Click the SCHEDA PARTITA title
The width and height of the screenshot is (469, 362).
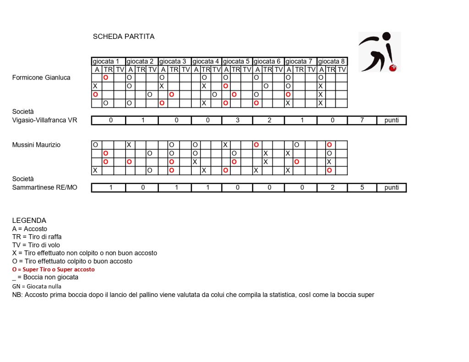click(124, 37)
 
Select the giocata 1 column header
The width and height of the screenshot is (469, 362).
click(109, 61)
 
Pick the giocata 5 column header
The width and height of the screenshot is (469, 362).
click(237, 61)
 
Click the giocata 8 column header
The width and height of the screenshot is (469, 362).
click(332, 61)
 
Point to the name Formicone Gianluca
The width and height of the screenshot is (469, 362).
click(41, 78)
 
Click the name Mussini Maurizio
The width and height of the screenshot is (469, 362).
click(36, 145)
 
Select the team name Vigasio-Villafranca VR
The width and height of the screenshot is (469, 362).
click(45, 120)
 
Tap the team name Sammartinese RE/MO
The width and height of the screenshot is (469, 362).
click(45, 188)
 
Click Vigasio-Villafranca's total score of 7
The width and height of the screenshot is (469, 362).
click(362, 120)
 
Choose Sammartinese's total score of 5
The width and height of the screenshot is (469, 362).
click(362, 188)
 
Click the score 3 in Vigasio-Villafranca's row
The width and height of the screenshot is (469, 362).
click(237, 120)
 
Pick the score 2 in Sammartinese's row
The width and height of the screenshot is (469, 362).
click(332, 188)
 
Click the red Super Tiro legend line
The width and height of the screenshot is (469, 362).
click(53, 270)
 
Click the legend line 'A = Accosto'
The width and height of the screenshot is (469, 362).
click(29, 229)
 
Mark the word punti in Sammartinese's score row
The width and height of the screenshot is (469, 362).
click(392, 188)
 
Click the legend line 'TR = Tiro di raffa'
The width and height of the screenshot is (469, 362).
click(37, 237)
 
